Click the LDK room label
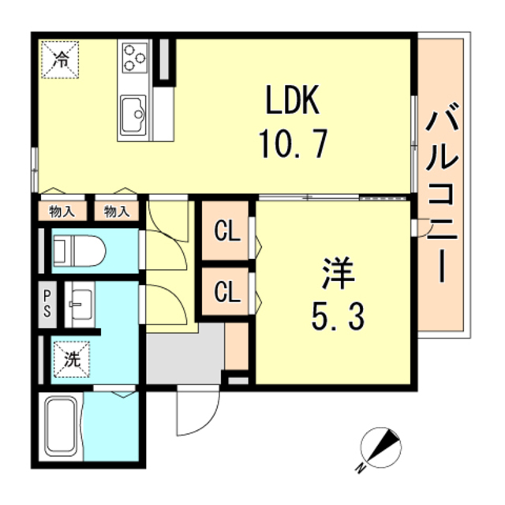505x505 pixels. coord(293,99)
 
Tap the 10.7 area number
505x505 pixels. coord(293,144)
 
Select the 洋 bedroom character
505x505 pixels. coord(339,274)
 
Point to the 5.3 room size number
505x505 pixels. coord(338,316)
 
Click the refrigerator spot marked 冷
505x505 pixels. coord(60,60)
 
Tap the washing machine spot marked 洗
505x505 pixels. coord(72,359)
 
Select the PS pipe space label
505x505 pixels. coord(47,305)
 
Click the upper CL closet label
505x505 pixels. coord(227,231)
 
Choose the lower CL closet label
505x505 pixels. coord(227,291)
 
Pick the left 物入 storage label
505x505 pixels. coord(62,211)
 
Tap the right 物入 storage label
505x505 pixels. coord(117,211)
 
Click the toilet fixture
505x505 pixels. coord(79,251)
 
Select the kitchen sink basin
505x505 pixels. coord(133,115)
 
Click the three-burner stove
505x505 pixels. coord(135,58)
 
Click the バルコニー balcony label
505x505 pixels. coord(442,193)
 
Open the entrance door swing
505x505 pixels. coord(198,410)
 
